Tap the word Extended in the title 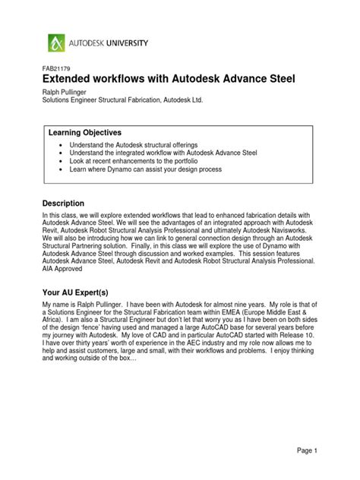pyautogui.click(x=72, y=80)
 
